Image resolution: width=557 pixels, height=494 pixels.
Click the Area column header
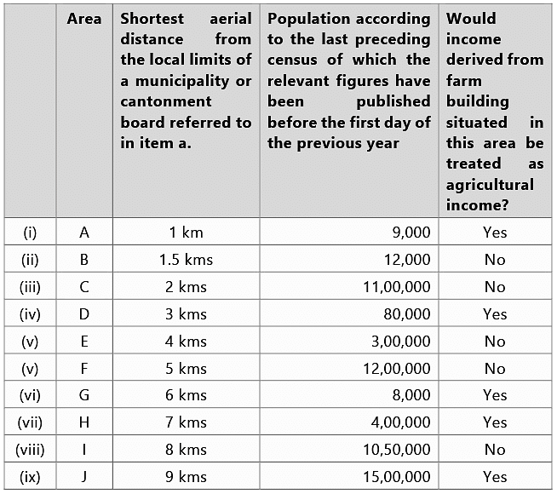pyautogui.click(x=84, y=19)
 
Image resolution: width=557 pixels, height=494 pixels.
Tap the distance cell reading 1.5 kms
pyautogui.click(x=186, y=260)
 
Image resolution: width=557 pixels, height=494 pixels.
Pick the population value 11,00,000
pyautogui.click(x=397, y=287)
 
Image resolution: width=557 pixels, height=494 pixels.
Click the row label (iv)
pyautogui.click(x=30, y=314)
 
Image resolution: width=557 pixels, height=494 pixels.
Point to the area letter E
pyautogui.click(x=84, y=342)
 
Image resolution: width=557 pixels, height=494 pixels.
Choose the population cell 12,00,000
pyautogui.click(x=397, y=369)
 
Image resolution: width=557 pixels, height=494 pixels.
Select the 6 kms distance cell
pyautogui.click(x=186, y=395)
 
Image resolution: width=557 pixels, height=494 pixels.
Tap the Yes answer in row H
pyautogui.click(x=494, y=422)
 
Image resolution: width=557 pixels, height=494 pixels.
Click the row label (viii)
pyautogui.click(x=30, y=450)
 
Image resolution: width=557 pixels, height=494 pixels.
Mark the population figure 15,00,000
pyautogui.click(x=397, y=477)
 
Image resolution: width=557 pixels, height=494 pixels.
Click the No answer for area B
pyautogui.click(x=494, y=260)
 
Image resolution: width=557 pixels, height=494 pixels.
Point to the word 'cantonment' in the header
pyautogui.click(x=166, y=101)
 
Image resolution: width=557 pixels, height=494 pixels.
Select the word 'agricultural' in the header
pyautogui.click(x=490, y=184)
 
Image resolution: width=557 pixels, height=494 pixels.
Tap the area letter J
pyautogui.click(x=84, y=477)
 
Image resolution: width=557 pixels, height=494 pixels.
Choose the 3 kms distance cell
pyautogui.click(x=186, y=314)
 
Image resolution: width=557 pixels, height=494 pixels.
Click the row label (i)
pyautogui.click(x=30, y=233)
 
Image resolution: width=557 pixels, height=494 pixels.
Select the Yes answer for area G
pyautogui.click(x=494, y=395)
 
